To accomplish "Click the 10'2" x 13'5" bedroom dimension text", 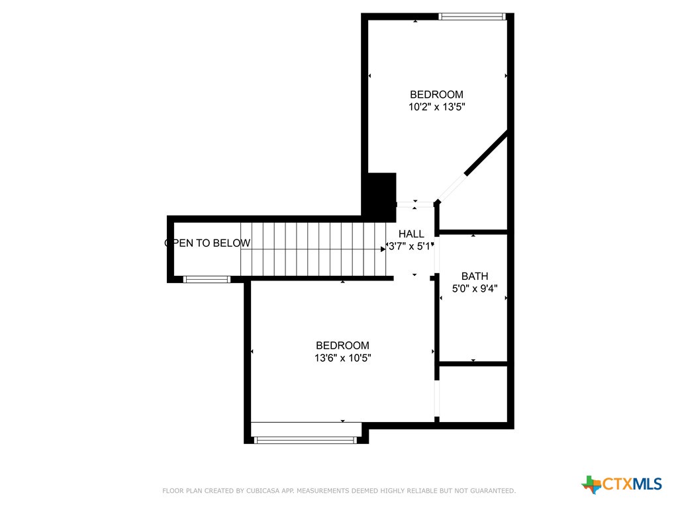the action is (437, 106).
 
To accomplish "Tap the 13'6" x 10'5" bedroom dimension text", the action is (342, 358).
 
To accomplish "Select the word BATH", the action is (474, 276).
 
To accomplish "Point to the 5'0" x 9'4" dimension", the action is (474, 288).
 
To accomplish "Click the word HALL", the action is (411, 233).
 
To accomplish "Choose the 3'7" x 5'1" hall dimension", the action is (410, 246).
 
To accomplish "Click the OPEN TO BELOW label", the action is (207, 243).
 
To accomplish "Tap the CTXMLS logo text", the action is (632, 484).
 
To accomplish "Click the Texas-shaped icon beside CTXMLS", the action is (591, 485).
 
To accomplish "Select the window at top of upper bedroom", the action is (472, 17).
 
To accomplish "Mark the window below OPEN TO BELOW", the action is (207, 280).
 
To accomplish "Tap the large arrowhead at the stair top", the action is (383, 249).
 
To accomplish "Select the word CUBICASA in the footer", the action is (263, 491).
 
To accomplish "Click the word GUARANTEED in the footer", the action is (493, 491).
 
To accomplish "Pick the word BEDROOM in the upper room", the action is (437, 94).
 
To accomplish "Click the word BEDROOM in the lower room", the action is (342, 345).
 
